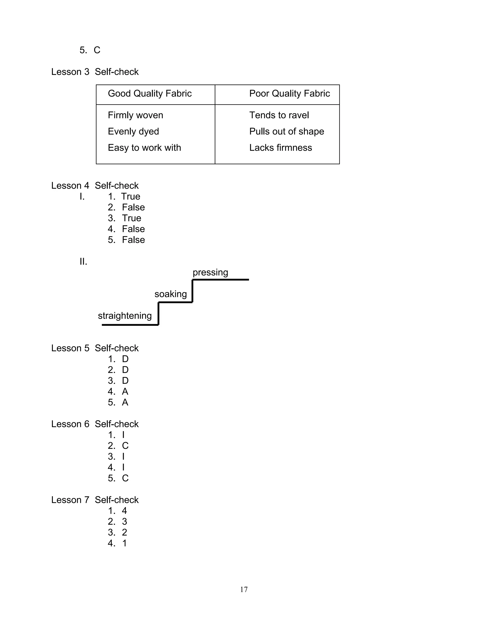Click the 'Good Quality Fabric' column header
point(150,93)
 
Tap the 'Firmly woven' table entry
point(135,115)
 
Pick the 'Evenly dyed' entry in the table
point(133,131)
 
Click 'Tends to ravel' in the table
point(279,115)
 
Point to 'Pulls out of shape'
point(286,131)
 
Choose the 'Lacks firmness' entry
point(280,148)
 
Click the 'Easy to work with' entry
point(144,148)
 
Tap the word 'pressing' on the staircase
point(210,272)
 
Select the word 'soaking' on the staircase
point(171,294)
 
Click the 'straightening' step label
point(124,315)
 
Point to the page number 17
point(244,589)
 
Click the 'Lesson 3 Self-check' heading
point(95,72)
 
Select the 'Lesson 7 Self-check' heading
point(95,499)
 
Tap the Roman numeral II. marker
point(83,261)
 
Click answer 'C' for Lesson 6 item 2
point(125,445)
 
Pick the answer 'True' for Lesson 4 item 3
point(131,218)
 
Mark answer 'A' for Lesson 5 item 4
point(125,391)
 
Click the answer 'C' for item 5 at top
point(97,50)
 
